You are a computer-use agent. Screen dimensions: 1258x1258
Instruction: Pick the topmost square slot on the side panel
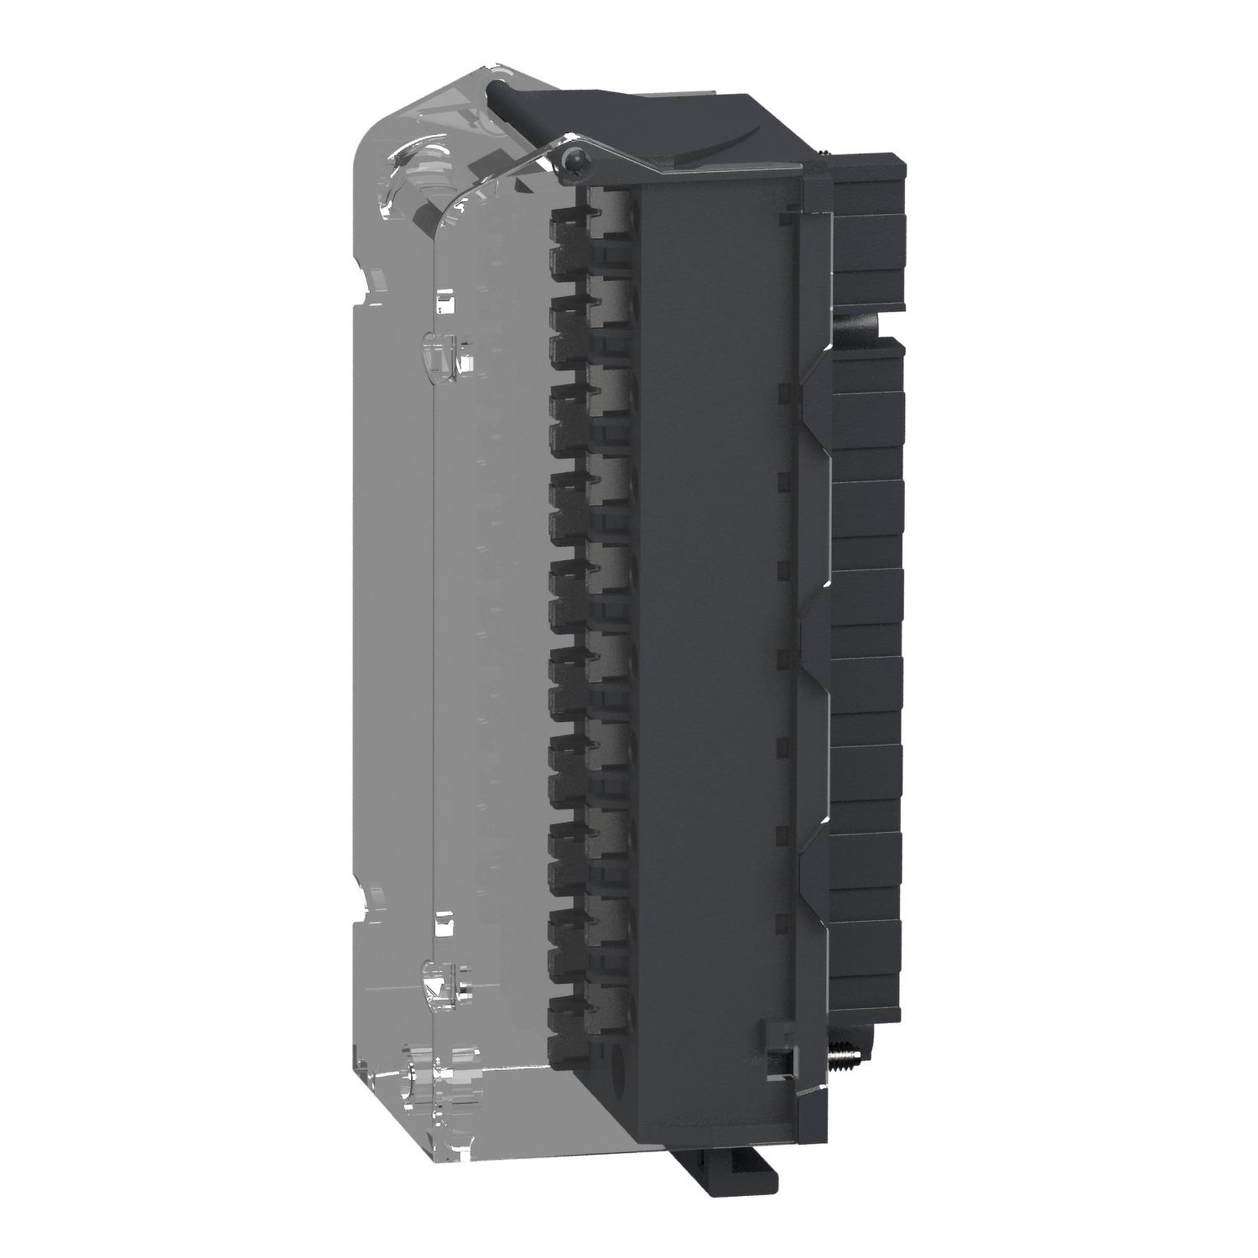click(785, 219)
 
